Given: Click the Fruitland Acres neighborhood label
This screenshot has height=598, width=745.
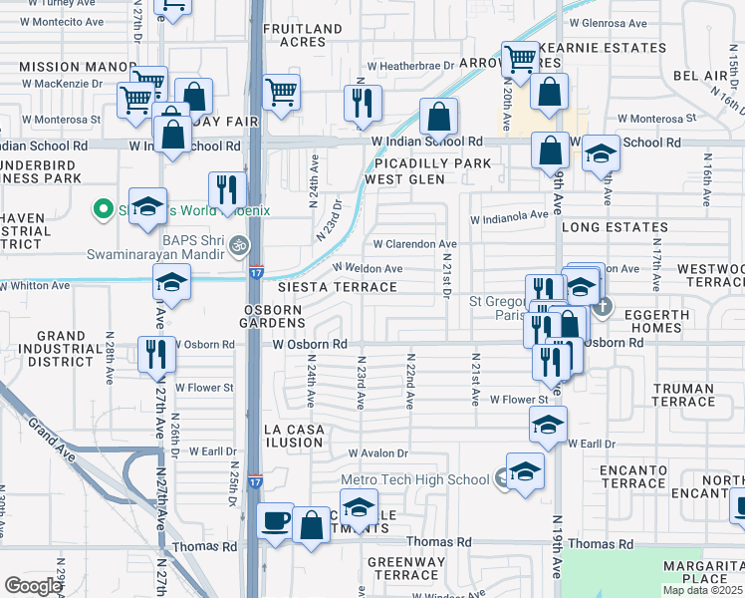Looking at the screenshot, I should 295,36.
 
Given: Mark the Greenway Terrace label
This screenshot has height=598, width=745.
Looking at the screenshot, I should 406,568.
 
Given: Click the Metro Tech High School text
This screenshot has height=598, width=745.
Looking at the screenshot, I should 415,479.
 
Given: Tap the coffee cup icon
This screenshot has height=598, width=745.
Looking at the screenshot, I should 276,519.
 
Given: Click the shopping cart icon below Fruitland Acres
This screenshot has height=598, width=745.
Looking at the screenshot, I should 282,93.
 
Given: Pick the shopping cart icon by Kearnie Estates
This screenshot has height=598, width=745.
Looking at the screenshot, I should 520,59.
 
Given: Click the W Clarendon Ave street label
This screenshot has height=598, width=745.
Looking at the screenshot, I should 414,243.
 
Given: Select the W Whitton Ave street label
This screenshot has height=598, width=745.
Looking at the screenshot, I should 35,285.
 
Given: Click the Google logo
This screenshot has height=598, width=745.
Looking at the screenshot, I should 33,586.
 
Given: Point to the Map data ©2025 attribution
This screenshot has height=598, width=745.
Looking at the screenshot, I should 702,590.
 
